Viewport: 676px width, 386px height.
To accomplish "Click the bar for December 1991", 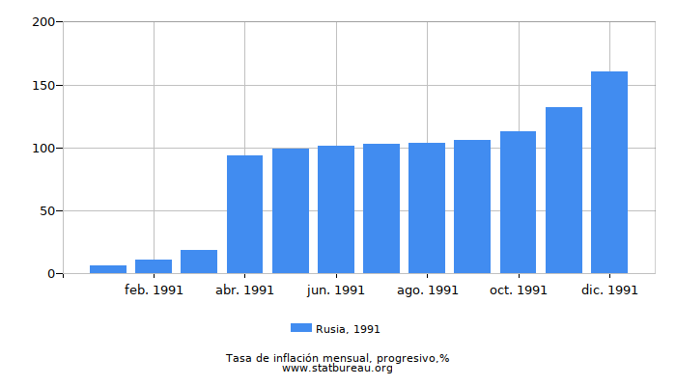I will point(609,173).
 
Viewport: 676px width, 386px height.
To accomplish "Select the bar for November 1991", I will point(564,190).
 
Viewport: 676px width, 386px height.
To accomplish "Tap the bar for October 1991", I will point(518,203).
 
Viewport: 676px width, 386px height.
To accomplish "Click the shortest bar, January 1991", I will point(108,269).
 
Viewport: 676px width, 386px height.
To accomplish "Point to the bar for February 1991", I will point(154,266).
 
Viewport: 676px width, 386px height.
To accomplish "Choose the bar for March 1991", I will point(199,262).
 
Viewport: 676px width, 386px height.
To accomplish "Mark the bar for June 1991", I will point(336,209).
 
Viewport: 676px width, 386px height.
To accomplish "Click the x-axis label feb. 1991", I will point(154,289).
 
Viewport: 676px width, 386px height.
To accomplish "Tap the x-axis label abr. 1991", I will point(244,289).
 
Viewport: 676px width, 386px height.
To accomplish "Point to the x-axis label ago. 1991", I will point(427,289).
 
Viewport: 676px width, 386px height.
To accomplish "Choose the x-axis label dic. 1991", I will point(609,289).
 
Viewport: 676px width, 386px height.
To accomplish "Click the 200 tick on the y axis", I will point(45,22).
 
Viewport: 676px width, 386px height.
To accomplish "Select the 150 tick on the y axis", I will point(45,85).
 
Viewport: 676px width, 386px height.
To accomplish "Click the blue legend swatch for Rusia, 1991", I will point(301,329).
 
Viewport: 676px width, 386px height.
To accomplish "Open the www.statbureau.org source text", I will point(337,368).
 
